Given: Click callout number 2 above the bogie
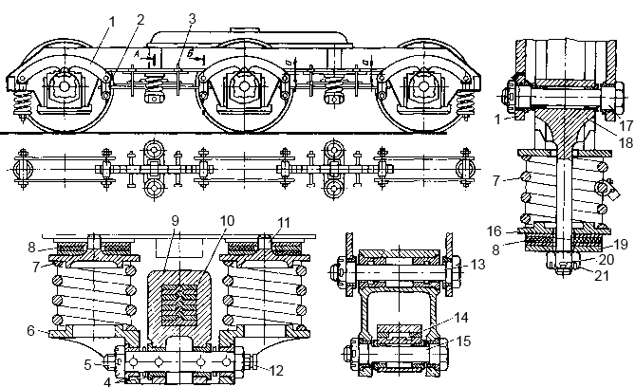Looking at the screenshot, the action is (x=140, y=20).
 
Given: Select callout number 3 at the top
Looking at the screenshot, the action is (x=192, y=19).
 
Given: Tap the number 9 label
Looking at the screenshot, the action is (x=175, y=221).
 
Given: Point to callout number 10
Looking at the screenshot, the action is (x=227, y=221).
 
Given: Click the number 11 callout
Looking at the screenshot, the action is (x=284, y=223).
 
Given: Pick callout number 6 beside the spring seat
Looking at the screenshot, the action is (x=31, y=331).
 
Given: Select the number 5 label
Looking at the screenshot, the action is (x=88, y=364).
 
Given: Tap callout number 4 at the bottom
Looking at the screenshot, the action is (x=107, y=381).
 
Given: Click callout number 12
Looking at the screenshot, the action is (x=276, y=371).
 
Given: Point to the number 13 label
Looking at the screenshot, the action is (x=477, y=265).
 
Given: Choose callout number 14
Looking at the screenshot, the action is (x=461, y=318).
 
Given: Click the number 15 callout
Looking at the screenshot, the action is (x=464, y=341).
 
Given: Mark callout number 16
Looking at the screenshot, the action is (x=495, y=231).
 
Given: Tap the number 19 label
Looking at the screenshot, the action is (x=621, y=244).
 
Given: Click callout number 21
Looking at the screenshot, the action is (x=602, y=275).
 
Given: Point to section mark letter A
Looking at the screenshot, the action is (x=137, y=53).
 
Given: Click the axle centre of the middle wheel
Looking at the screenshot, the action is (x=244, y=86).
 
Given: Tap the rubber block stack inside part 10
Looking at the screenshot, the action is (x=179, y=306).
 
